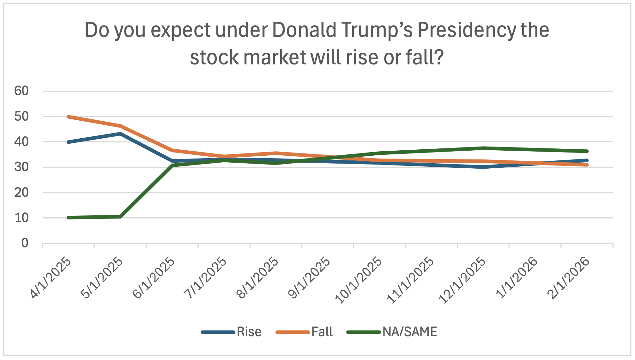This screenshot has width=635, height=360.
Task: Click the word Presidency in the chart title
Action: pyautogui.click(x=467, y=31)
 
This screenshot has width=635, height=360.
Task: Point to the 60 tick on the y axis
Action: pyautogui.click(x=21, y=91)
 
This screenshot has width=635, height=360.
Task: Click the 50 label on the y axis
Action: pyautogui.click(x=21, y=117)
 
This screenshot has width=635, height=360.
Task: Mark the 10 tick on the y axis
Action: pyautogui.click(x=21, y=218)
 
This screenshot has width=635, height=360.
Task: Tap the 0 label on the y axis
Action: pyautogui.click(x=25, y=243)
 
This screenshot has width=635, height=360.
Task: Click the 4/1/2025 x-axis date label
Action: pyautogui.click(x=51, y=278)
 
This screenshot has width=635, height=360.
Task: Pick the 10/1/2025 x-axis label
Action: pyautogui.click(x=359, y=280)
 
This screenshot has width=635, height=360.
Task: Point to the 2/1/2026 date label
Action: pyautogui.click(x=569, y=278)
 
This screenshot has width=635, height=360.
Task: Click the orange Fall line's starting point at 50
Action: pyautogui.click(x=69, y=117)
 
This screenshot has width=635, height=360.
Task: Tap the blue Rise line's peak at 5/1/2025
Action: pyautogui.click(x=120, y=134)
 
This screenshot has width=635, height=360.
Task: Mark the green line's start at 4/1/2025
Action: pyautogui.click(x=69, y=218)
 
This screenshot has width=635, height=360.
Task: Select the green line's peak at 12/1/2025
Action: pyautogui.click(x=483, y=148)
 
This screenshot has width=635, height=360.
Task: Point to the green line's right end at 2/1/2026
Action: pyautogui.click(x=587, y=151)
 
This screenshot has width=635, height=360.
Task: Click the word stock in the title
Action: pyautogui.click(x=214, y=58)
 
